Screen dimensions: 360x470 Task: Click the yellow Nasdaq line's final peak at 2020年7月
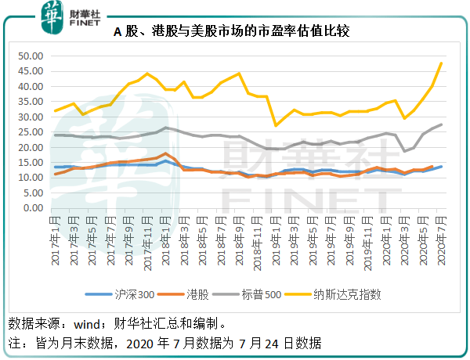(x=441, y=63)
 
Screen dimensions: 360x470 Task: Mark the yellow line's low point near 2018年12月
(x=276, y=125)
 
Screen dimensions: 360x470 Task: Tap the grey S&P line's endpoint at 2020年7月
(x=441, y=124)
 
